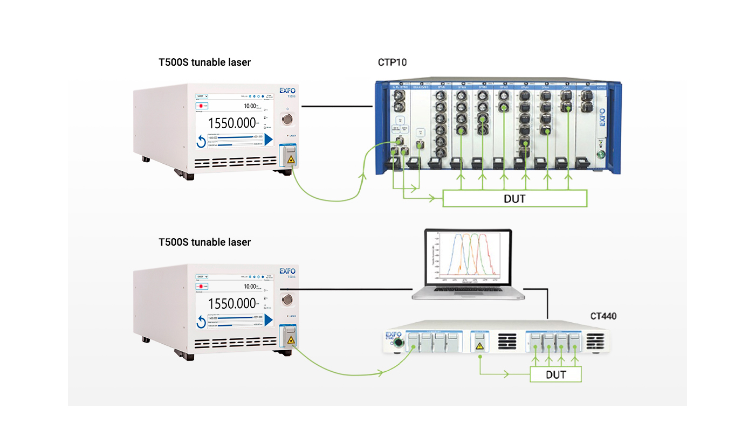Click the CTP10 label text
(x=392, y=62)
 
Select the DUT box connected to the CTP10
(x=514, y=199)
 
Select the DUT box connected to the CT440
(x=555, y=374)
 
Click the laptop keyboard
(x=467, y=293)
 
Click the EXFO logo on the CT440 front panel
(x=392, y=335)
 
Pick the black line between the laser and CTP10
(x=338, y=106)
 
